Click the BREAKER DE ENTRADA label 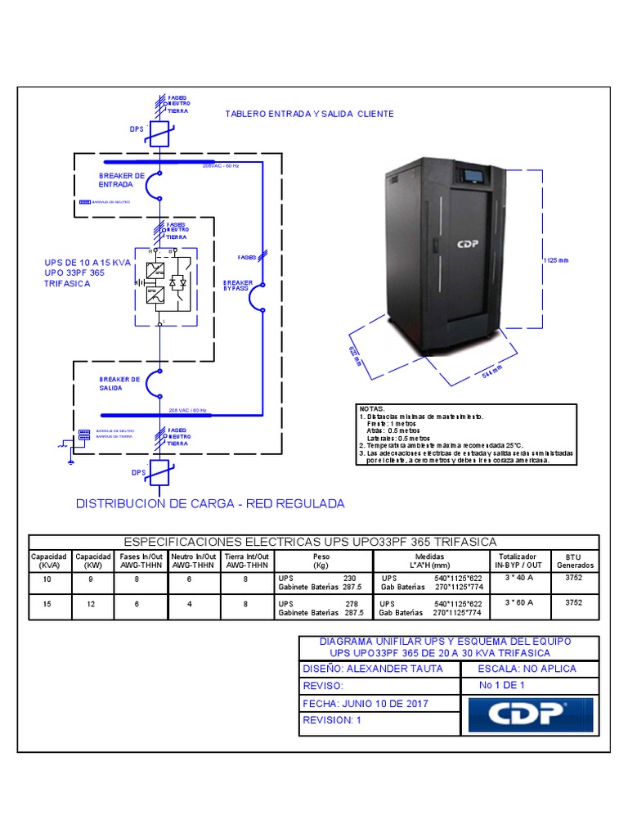[x=121, y=180]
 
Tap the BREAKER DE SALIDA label [x=119, y=383]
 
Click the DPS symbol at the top [x=160, y=134]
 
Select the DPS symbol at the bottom [x=160, y=473]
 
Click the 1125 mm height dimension [x=555, y=259]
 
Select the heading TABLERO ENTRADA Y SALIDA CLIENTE [x=309, y=114]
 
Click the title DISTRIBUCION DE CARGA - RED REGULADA [x=210, y=503]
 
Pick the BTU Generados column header [x=576, y=561]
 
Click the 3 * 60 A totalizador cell [x=518, y=602]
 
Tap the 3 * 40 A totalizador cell [x=518, y=578]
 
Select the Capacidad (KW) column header [x=92, y=561]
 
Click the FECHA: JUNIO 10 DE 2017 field [x=365, y=704]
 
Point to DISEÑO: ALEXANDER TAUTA [x=373, y=669]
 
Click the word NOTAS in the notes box [x=371, y=408]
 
